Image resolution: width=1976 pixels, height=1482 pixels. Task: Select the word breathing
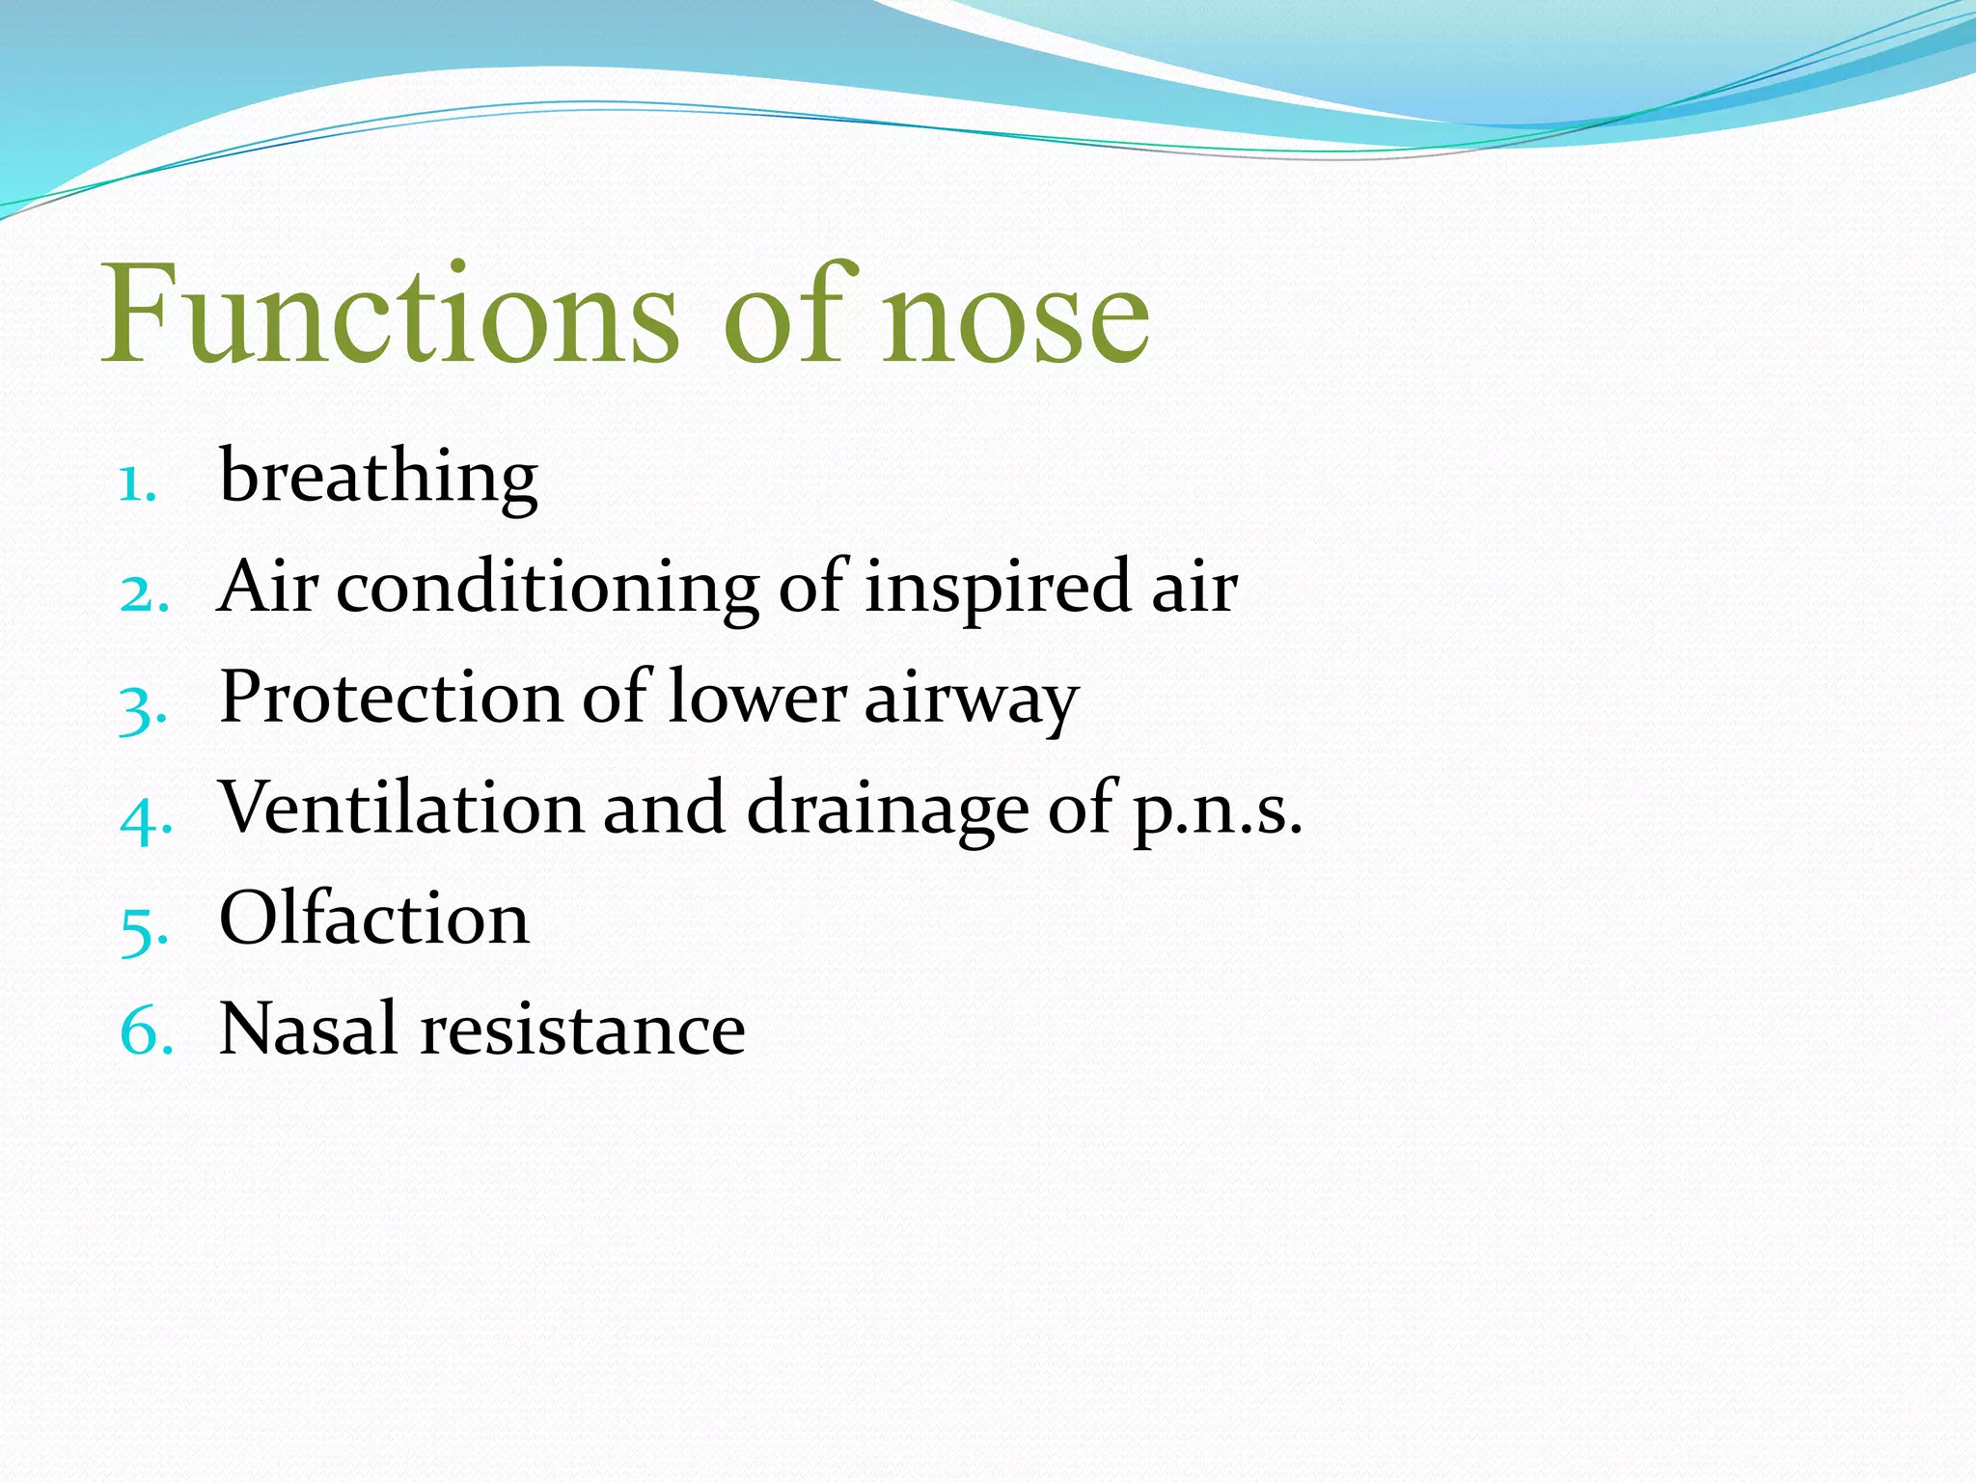378,478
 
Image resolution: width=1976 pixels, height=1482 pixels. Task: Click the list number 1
138,484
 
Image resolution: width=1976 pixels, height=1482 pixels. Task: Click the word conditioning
547,590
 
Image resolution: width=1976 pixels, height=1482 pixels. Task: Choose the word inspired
997,590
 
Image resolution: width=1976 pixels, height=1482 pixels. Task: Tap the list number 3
144,708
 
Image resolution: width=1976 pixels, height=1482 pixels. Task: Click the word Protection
391,697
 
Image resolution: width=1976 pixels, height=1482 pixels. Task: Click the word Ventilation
401,808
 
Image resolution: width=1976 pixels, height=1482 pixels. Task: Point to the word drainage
888,811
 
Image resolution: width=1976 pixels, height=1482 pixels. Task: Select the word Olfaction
374,919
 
